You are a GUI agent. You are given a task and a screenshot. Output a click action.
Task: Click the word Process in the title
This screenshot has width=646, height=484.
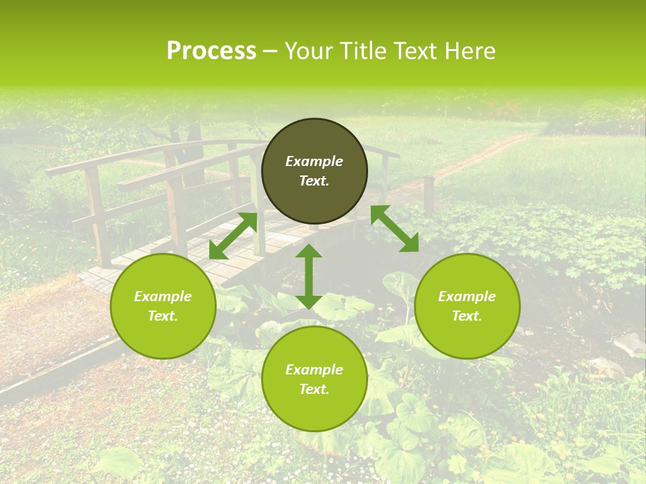tap(211, 51)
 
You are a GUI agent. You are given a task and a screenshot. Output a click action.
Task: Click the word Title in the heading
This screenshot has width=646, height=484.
tap(361, 51)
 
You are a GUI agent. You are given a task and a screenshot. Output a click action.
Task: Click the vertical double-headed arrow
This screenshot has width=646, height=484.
tap(309, 276)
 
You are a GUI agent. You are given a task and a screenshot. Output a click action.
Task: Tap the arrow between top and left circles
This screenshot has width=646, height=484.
tap(234, 235)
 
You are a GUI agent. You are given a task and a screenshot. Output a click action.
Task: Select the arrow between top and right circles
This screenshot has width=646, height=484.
tap(394, 229)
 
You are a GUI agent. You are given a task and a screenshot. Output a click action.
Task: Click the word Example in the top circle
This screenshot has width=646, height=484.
tap(314, 161)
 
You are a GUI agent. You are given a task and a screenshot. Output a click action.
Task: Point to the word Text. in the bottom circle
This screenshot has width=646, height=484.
tap(314, 389)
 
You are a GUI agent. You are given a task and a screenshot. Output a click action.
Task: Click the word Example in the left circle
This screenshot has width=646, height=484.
tap(163, 296)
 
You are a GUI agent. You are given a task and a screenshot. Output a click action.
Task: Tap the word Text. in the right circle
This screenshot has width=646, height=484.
tap(467, 316)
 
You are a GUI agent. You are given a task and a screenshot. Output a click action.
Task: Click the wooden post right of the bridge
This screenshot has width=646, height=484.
tap(428, 195)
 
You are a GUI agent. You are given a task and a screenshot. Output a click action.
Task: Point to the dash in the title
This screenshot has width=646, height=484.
tap(270, 52)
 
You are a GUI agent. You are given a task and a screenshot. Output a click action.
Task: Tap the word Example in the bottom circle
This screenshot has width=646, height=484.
tap(314, 370)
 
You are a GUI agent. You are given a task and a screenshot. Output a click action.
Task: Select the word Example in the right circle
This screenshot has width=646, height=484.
tap(467, 296)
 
